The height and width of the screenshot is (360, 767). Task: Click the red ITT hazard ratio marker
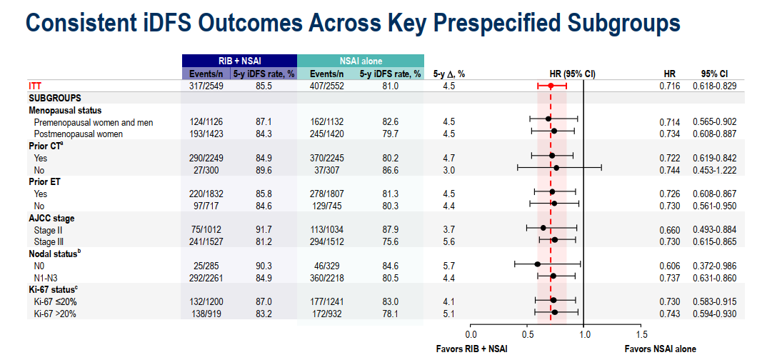tap(551, 86)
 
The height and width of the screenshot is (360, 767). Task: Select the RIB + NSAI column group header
tap(239, 61)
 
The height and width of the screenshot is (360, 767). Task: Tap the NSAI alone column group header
tap(360, 61)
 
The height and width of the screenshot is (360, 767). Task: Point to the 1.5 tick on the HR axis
tap(641, 334)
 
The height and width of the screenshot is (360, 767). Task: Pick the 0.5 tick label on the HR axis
tap(528, 334)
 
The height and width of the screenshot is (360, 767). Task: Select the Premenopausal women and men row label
tap(94, 122)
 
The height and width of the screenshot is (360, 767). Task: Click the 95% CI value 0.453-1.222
tap(715, 169)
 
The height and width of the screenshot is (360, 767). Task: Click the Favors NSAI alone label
tap(660, 349)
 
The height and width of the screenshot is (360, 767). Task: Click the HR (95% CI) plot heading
tap(572, 74)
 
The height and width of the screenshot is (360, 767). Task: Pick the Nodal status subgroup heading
tap(57, 254)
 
